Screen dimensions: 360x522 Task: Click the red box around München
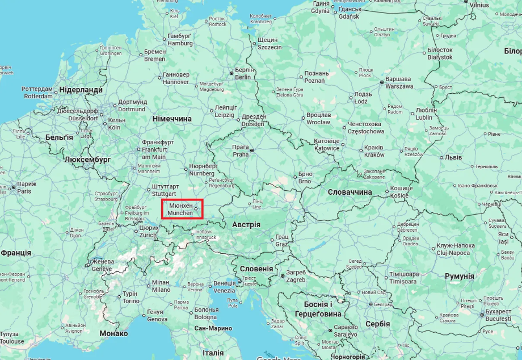pos(182,209)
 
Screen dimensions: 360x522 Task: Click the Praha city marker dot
pos(252,150)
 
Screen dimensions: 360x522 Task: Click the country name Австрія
pos(246,225)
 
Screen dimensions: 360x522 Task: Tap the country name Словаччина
pos(350,192)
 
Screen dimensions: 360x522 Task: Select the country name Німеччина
pos(172,119)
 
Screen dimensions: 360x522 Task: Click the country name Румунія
pos(459,276)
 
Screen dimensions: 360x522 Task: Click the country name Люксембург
pos(87,160)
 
